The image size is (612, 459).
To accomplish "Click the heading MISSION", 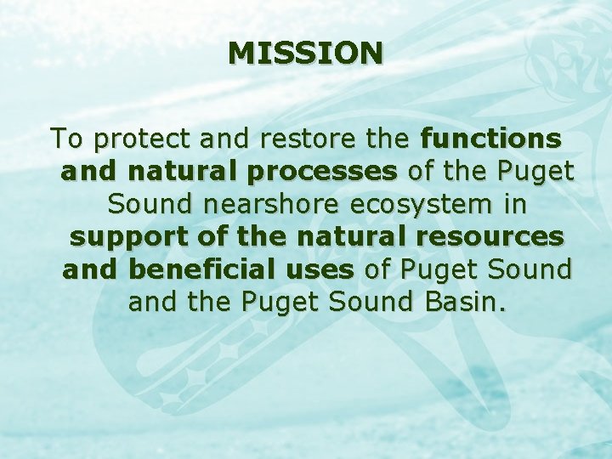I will tap(306, 54).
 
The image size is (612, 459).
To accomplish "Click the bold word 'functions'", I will tap(490, 138).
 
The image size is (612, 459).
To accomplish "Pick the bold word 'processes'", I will tap(322, 173).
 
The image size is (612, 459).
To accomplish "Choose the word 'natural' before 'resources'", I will tap(326, 237).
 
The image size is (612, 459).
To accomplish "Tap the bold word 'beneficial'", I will tap(241, 270).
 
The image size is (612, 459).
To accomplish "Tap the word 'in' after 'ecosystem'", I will tap(513, 204).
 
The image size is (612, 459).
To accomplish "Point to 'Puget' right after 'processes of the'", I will tap(536, 173).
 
